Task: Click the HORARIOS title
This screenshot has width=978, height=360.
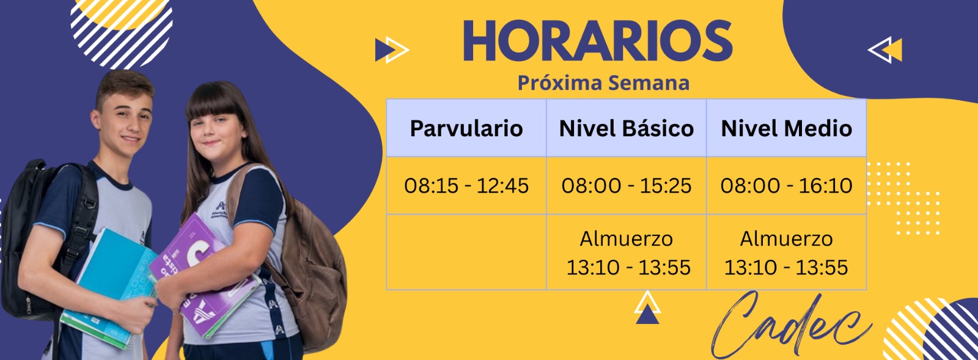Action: point(597,40)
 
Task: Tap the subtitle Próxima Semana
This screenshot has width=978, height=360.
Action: point(603,83)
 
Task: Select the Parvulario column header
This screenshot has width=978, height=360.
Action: point(466,128)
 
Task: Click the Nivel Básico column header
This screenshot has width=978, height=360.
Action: point(627,128)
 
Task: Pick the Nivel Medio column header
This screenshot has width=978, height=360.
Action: point(786,128)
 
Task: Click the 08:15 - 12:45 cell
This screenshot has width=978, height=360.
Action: point(466,185)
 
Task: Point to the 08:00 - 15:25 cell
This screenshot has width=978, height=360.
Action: point(627,185)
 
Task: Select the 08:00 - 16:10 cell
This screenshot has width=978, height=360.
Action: point(786,185)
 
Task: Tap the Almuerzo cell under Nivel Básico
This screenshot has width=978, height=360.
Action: point(627,252)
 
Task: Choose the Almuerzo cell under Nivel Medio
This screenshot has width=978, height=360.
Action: point(786,252)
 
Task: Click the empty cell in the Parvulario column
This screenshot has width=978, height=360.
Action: point(466,252)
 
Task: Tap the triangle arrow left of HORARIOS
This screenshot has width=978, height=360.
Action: point(392,50)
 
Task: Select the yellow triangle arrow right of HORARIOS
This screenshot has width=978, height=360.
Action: point(885,50)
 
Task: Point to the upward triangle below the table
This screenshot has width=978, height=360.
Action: point(647,307)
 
